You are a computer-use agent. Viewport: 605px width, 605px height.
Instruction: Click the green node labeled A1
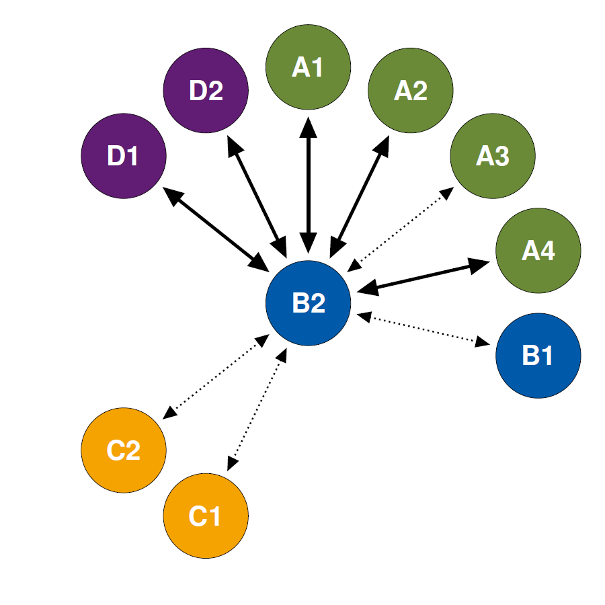308,67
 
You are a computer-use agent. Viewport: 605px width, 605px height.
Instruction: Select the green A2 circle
411,90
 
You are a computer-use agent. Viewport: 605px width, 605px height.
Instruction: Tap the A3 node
493,156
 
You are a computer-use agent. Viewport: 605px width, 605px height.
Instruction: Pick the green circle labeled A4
538,251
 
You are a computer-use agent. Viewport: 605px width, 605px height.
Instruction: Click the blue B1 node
538,356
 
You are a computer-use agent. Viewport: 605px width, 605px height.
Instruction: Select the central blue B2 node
308,303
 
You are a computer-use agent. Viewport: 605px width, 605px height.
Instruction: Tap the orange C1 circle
206,516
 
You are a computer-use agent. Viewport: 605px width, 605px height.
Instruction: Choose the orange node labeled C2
124,450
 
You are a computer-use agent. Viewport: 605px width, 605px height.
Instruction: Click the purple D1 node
124,156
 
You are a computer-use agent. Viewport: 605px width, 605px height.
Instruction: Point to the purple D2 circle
206,90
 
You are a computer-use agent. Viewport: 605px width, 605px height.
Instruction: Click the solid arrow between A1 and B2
309,186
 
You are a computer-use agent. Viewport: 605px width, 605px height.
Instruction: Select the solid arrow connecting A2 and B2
359,197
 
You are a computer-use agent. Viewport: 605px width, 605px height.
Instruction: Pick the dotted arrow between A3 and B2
401,230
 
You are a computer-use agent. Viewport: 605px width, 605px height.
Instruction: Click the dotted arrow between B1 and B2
424,329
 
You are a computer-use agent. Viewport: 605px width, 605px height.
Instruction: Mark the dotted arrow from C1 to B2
257,409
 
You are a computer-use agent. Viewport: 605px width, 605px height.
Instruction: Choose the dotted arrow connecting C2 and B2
216,376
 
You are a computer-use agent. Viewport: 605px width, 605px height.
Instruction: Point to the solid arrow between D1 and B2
216,230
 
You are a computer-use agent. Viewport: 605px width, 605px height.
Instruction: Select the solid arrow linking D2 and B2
257,197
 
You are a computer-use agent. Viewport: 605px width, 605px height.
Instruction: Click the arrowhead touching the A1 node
309,126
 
